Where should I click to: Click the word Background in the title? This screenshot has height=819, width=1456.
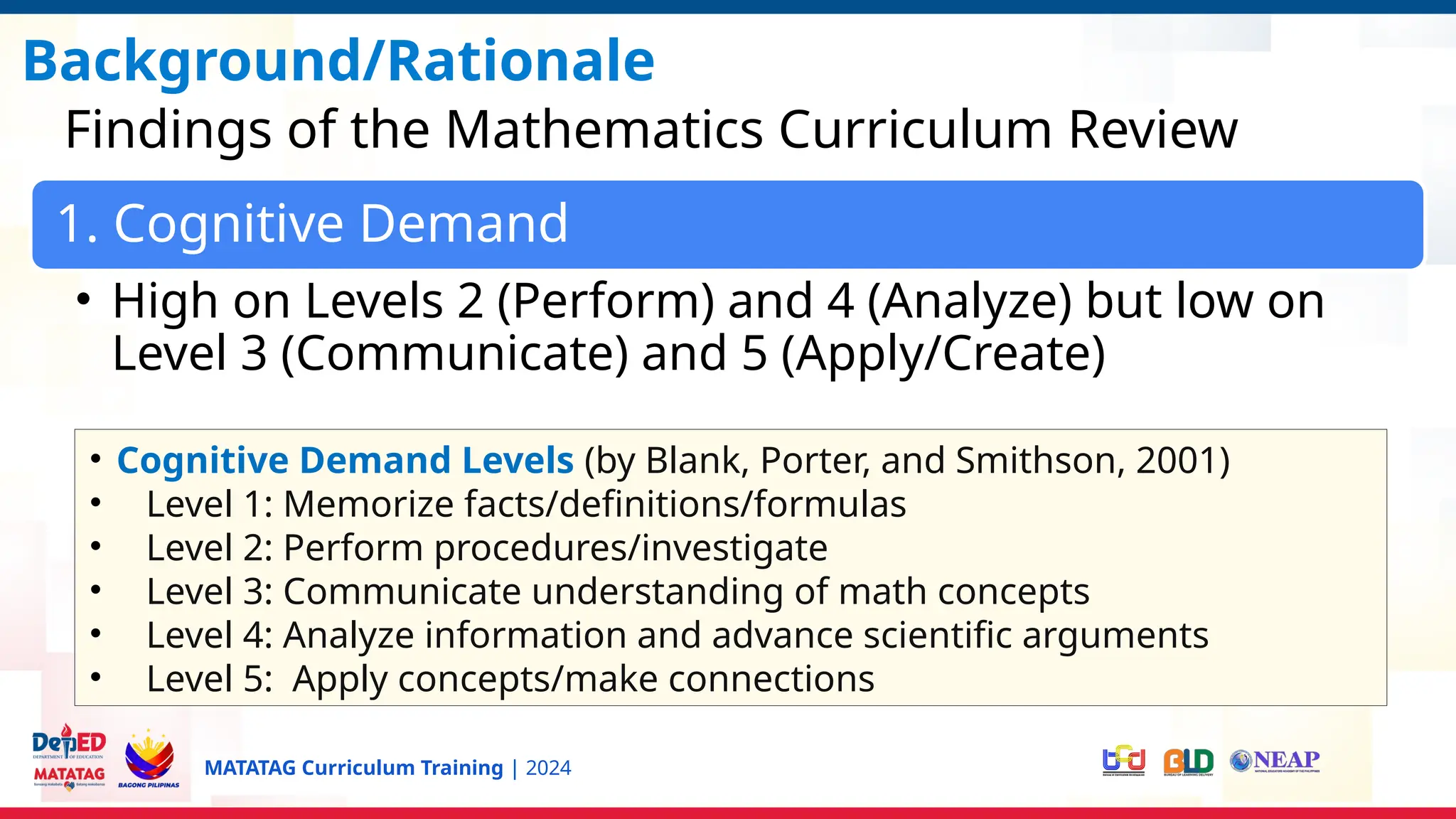coord(192,62)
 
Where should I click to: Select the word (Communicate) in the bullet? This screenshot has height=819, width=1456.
coord(455,353)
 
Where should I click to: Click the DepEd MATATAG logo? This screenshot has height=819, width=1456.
coord(69,758)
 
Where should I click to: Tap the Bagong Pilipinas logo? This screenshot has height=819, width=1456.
coord(149,759)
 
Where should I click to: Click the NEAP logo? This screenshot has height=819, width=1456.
coord(1275,761)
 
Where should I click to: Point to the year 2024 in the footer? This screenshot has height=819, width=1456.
coord(548,769)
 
